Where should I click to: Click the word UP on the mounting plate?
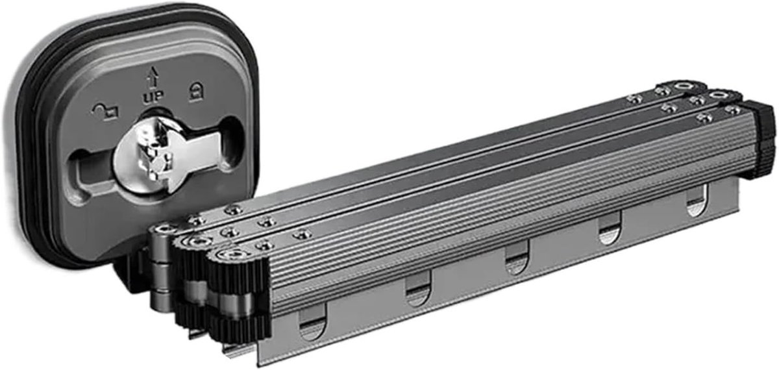coord(153,96)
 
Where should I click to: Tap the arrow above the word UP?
coord(153,77)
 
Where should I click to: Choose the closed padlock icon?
coord(196,92)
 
